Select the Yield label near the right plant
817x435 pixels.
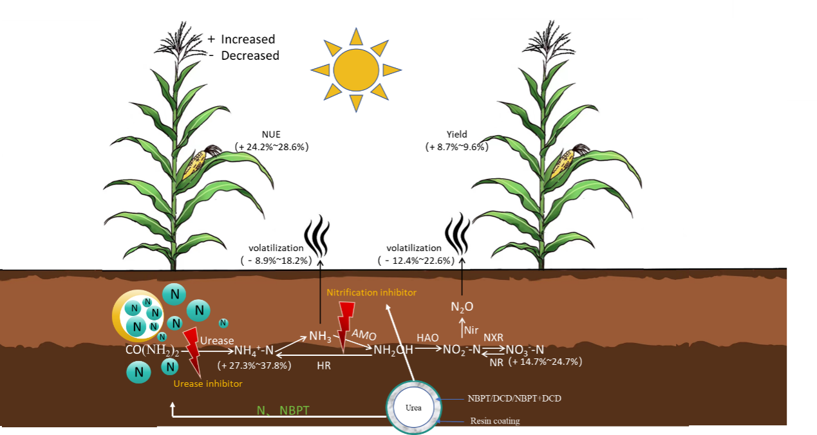[456, 134]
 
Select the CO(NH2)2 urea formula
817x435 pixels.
[153, 351]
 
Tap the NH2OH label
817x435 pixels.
[392, 349]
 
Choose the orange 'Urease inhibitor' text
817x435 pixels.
[208, 384]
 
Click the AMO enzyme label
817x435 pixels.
[364, 334]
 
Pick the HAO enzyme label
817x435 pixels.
[427, 337]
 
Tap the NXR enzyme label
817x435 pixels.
[494, 337]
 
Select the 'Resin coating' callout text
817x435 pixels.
[494, 421]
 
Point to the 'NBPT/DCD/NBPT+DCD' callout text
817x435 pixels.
[515, 398]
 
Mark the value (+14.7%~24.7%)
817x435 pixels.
[545, 362]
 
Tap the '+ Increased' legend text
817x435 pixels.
[241, 39]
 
